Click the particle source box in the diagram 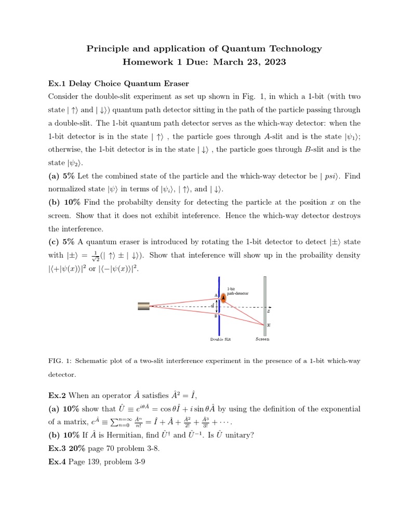pyautogui.click(x=143, y=307)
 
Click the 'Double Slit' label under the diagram pyautogui.click(x=220, y=339)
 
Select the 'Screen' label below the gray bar pyautogui.click(x=262, y=339)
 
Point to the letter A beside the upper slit pyautogui.click(x=215, y=296)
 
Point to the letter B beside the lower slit pyautogui.click(x=215, y=317)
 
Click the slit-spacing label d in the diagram pyautogui.click(x=213, y=306)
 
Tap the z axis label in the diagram pyautogui.click(x=269, y=311)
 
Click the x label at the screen pyautogui.click(x=269, y=325)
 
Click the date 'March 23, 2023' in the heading pyautogui.click(x=255, y=62)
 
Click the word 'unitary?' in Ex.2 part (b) pyautogui.click(x=237, y=435)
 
